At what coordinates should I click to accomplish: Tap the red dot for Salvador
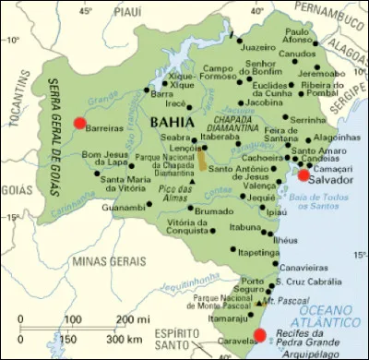click(x=303, y=174)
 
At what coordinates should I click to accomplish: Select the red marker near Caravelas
click(x=259, y=334)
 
